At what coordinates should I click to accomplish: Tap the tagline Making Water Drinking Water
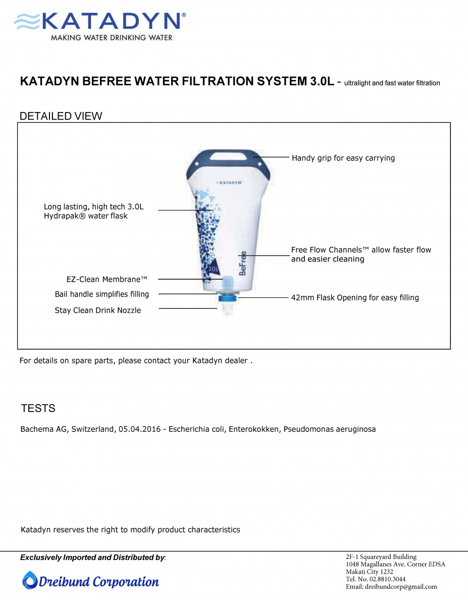click(112, 37)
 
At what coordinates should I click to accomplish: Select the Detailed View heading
click(61, 116)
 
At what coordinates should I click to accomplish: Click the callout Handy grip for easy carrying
click(343, 158)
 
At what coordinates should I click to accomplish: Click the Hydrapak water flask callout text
click(93, 211)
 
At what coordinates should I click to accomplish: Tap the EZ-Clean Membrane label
click(107, 279)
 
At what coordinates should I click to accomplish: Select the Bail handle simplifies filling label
click(102, 294)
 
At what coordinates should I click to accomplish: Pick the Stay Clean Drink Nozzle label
click(98, 310)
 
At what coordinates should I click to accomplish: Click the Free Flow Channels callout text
click(361, 254)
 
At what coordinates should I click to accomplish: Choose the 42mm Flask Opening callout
click(355, 297)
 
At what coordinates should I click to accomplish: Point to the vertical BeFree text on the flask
click(243, 263)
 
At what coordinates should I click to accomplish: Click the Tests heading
click(38, 408)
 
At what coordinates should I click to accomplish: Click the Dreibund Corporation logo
click(91, 581)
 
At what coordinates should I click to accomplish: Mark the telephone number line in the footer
click(376, 579)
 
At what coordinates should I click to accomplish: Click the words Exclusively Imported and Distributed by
click(93, 558)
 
